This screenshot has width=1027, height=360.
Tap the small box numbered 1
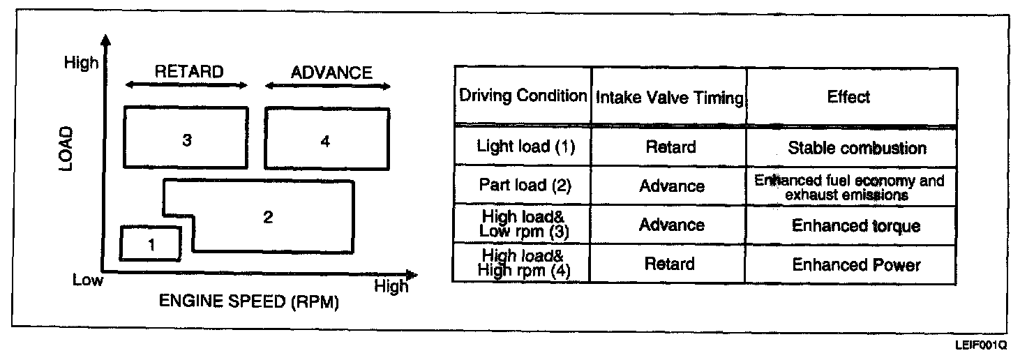pyautogui.click(x=151, y=243)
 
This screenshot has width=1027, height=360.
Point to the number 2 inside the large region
pyautogui.click(x=268, y=217)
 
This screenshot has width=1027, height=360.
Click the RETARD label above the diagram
pyautogui.click(x=189, y=72)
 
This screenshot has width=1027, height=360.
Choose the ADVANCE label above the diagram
pyautogui.click(x=331, y=73)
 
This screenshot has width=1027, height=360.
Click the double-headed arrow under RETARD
pyautogui.click(x=186, y=86)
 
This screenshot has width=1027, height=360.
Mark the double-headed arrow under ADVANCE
pyautogui.click(x=328, y=86)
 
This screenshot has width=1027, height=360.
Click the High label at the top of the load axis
pyautogui.click(x=81, y=63)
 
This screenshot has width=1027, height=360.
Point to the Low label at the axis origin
pyautogui.click(x=88, y=280)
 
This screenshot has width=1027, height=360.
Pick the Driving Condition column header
pyautogui.click(x=523, y=96)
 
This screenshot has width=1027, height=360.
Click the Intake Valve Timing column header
pyautogui.click(x=668, y=98)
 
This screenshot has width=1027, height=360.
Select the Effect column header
pyautogui.click(x=848, y=96)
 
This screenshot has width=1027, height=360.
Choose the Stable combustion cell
pyautogui.click(x=857, y=148)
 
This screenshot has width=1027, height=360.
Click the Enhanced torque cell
pyautogui.click(x=855, y=226)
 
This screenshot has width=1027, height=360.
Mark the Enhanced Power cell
pyautogui.click(x=856, y=265)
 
